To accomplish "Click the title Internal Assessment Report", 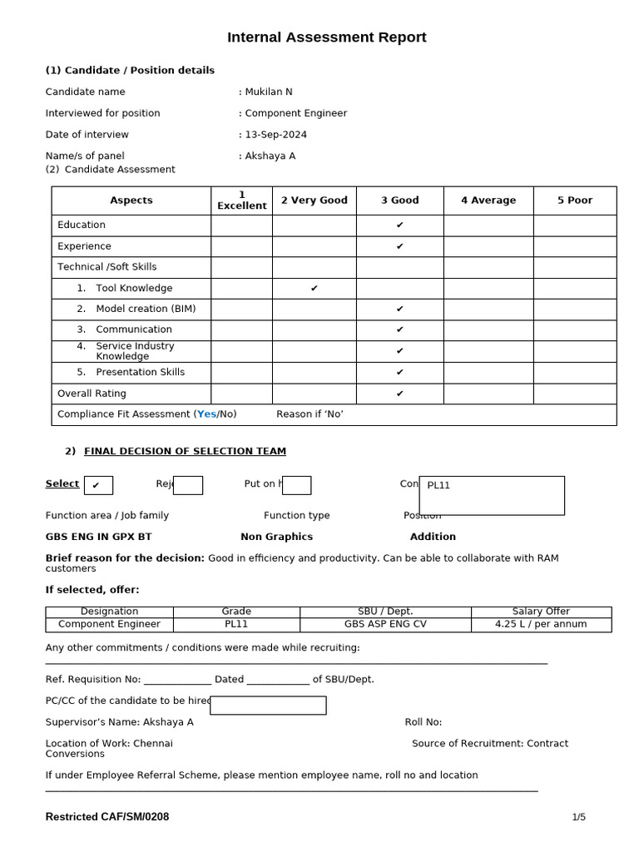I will click(x=327, y=37).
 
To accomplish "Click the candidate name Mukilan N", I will click(x=268, y=92).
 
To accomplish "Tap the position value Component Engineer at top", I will click(x=295, y=113).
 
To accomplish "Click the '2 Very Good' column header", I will click(x=315, y=201).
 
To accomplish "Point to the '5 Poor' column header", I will click(x=575, y=201).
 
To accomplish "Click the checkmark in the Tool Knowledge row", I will click(x=315, y=289).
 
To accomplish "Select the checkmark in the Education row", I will click(x=400, y=225).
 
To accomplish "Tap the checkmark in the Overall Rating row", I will click(x=400, y=394).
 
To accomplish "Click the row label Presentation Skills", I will click(x=140, y=372).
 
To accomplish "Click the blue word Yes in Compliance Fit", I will click(x=206, y=414).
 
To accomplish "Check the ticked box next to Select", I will click(x=98, y=485).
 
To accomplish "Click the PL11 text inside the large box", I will click(x=438, y=485).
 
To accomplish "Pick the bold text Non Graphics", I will click(x=276, y=537).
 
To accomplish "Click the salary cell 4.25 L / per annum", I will click(x=541, y=624).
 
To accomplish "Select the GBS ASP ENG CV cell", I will click(x=385, y=624).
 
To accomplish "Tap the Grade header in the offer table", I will click(x=236, y=612).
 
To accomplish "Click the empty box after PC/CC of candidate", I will click(x=268, y=706).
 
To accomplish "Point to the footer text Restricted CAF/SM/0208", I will click(x=106, y=817).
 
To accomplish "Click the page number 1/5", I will click(x=578, y=817).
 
